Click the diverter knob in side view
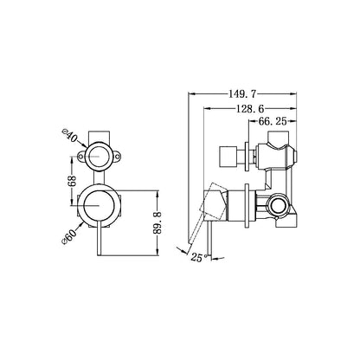(x=231, y=157)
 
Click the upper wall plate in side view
(x=253, y=156)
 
